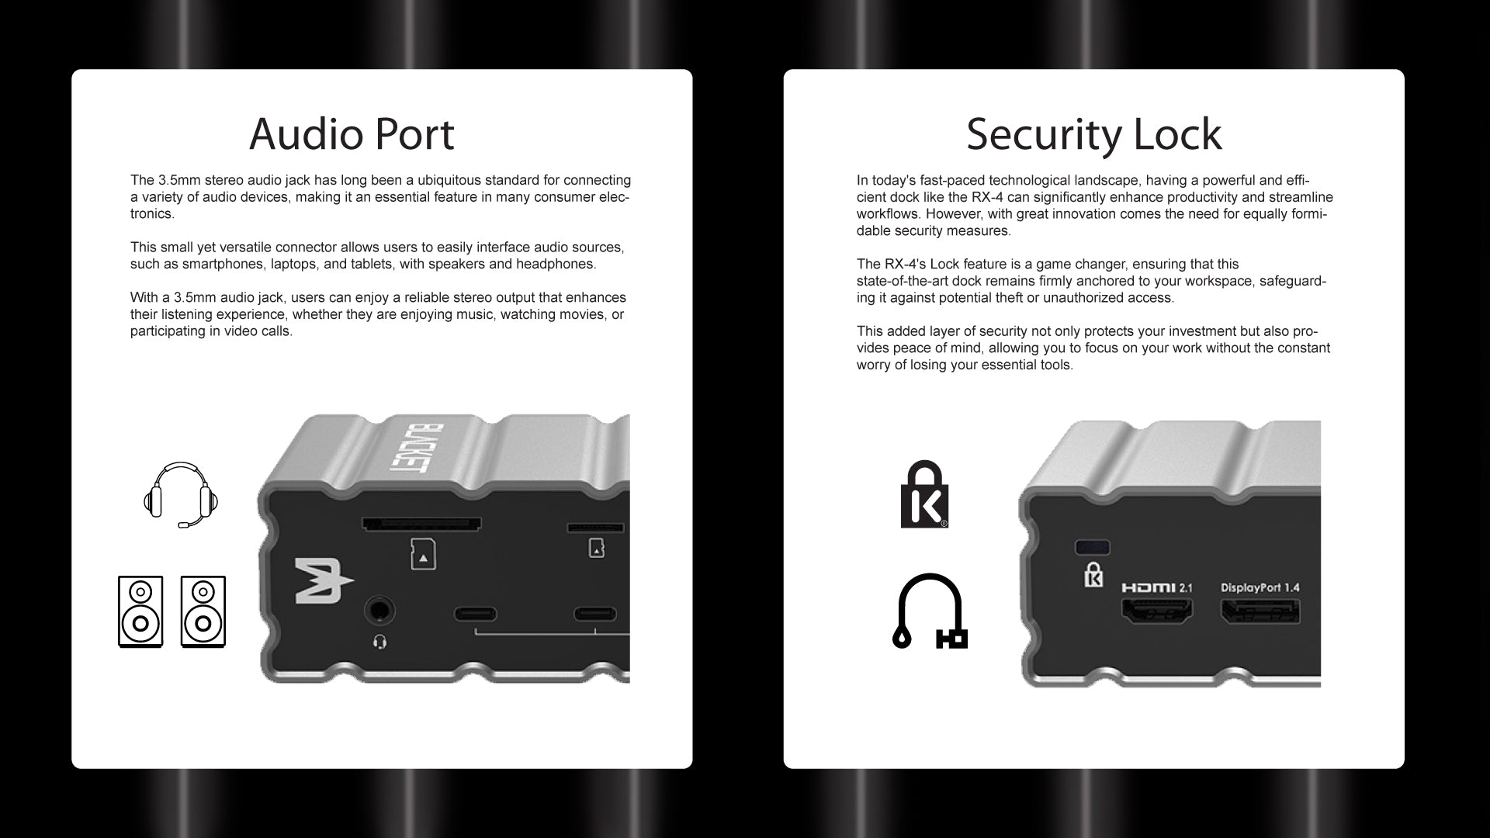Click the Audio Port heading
352,134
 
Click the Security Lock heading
1093,134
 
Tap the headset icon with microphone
181,495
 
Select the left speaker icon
140,611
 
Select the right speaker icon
203,611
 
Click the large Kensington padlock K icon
924,494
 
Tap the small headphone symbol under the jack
379,642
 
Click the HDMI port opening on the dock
1156,612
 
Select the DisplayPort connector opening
1260,612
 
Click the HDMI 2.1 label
1156,587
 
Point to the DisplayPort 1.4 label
1260,587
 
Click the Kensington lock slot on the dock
1093,547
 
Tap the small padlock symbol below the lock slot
1093,574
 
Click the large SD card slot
421,525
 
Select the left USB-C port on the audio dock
475,615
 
